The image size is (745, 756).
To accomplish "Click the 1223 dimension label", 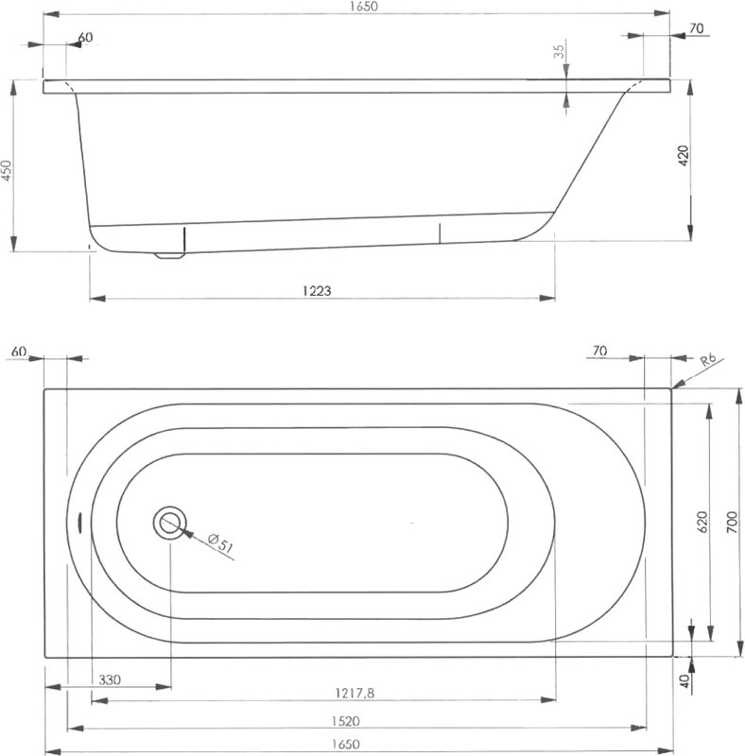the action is tap(317, 291).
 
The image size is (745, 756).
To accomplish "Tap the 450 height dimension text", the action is tap(6, 170).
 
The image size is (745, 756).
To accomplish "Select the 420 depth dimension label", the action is tap(684, 155).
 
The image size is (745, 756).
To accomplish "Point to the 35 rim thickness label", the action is tap(559, 52).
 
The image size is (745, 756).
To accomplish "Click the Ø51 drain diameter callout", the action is tap(221, 542).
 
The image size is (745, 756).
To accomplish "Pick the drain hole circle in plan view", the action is tap(170, 524).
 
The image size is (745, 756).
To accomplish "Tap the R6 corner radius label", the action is tap(708, 361).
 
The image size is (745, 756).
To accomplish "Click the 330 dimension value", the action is tap(110, 679).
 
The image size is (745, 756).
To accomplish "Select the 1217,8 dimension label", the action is tap(355, 694).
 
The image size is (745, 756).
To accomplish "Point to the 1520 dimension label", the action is tap(345, 721).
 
